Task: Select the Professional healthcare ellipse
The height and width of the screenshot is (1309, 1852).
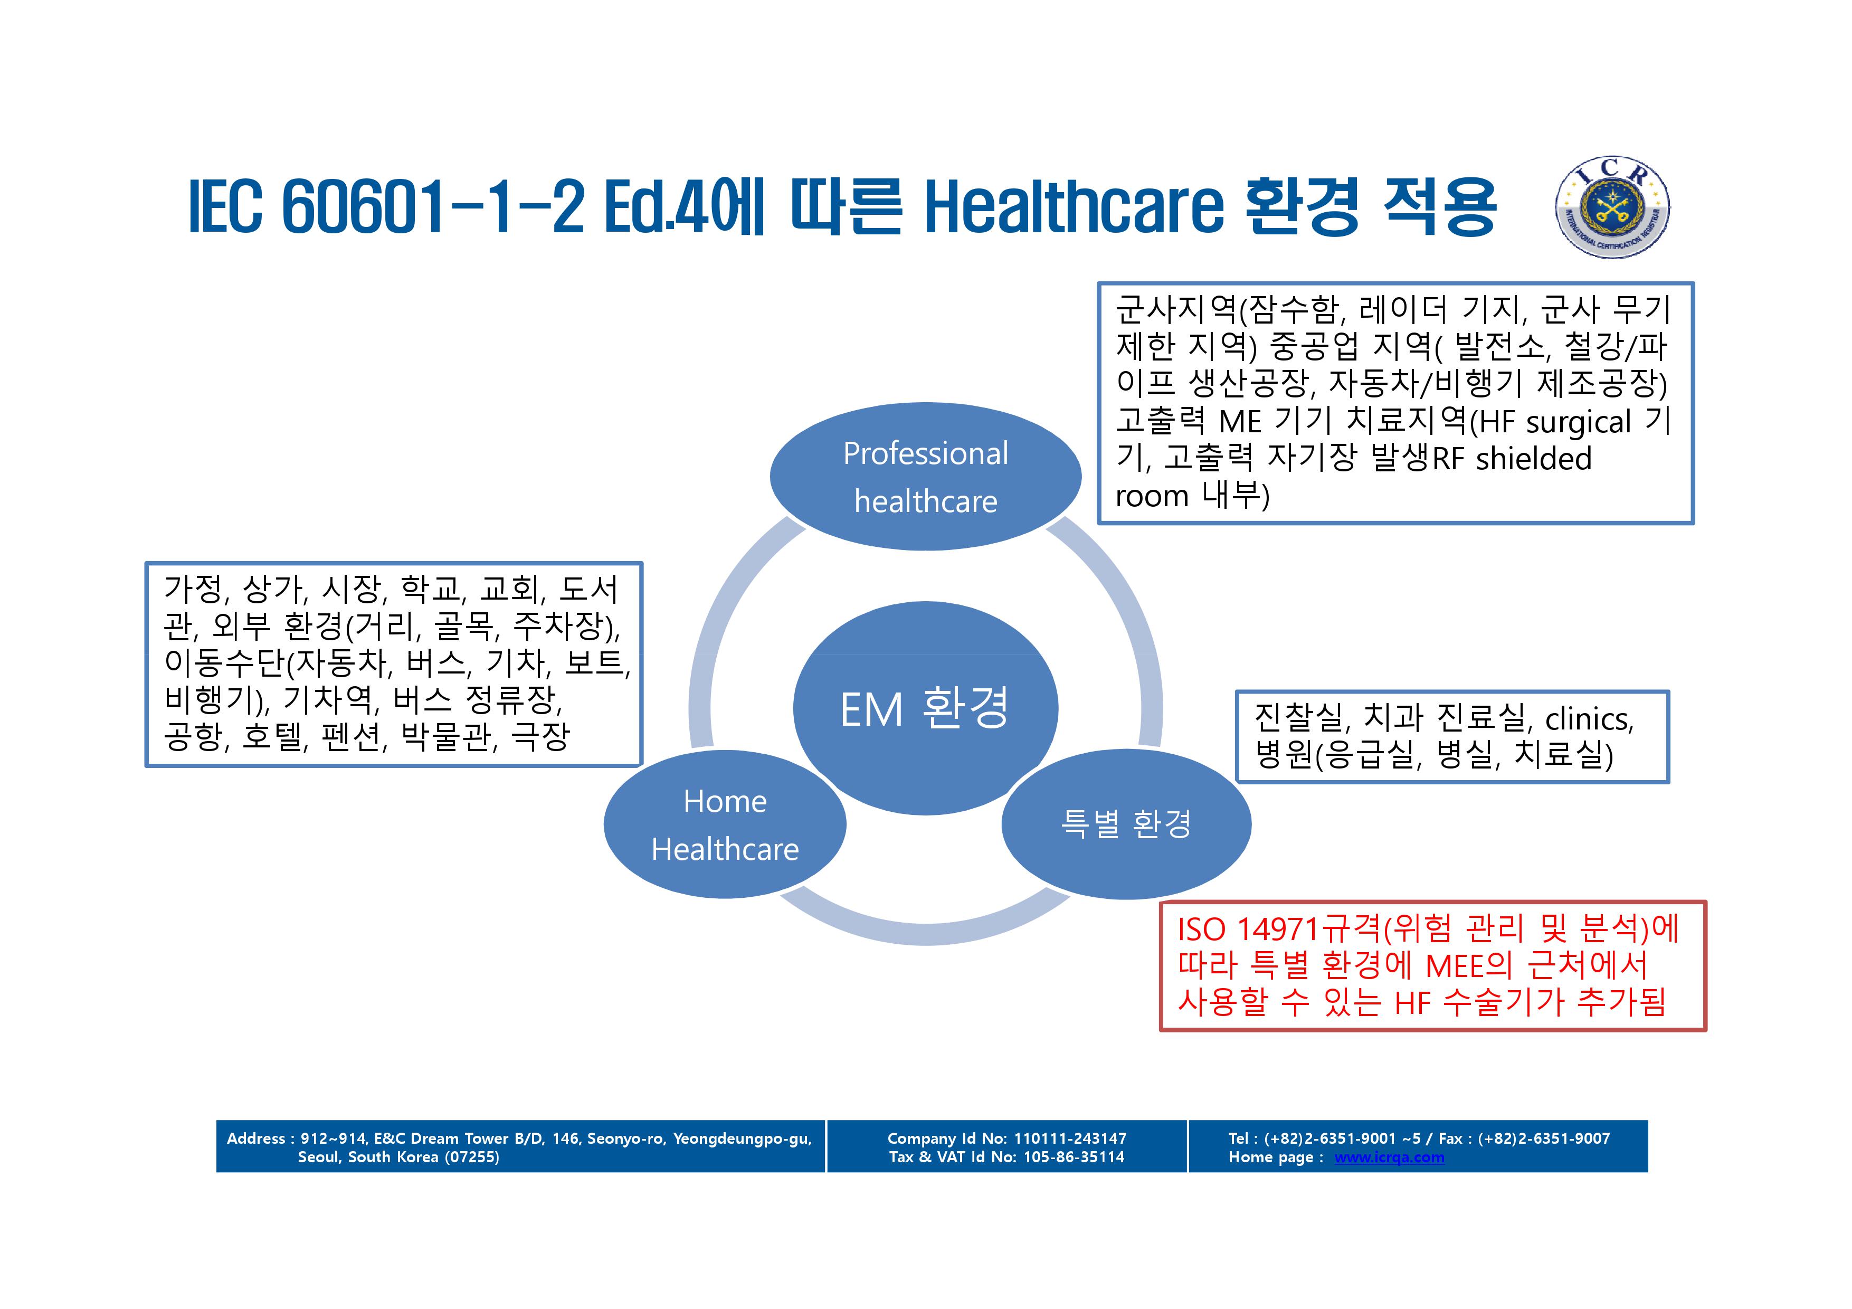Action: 925,477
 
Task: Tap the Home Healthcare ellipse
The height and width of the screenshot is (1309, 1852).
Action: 724,824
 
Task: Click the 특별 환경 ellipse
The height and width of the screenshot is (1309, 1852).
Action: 1126,824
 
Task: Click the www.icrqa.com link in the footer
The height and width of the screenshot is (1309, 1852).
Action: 1389,1158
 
